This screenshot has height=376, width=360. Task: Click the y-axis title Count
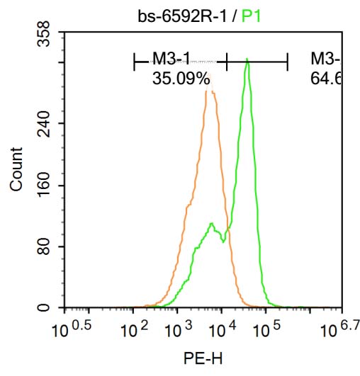16,169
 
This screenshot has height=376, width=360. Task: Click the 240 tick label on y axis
45,124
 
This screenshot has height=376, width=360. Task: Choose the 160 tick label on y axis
45,186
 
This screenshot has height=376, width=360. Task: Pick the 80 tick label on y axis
45,247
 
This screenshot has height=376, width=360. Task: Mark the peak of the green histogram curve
247,60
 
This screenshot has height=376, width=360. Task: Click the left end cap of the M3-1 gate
134,62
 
